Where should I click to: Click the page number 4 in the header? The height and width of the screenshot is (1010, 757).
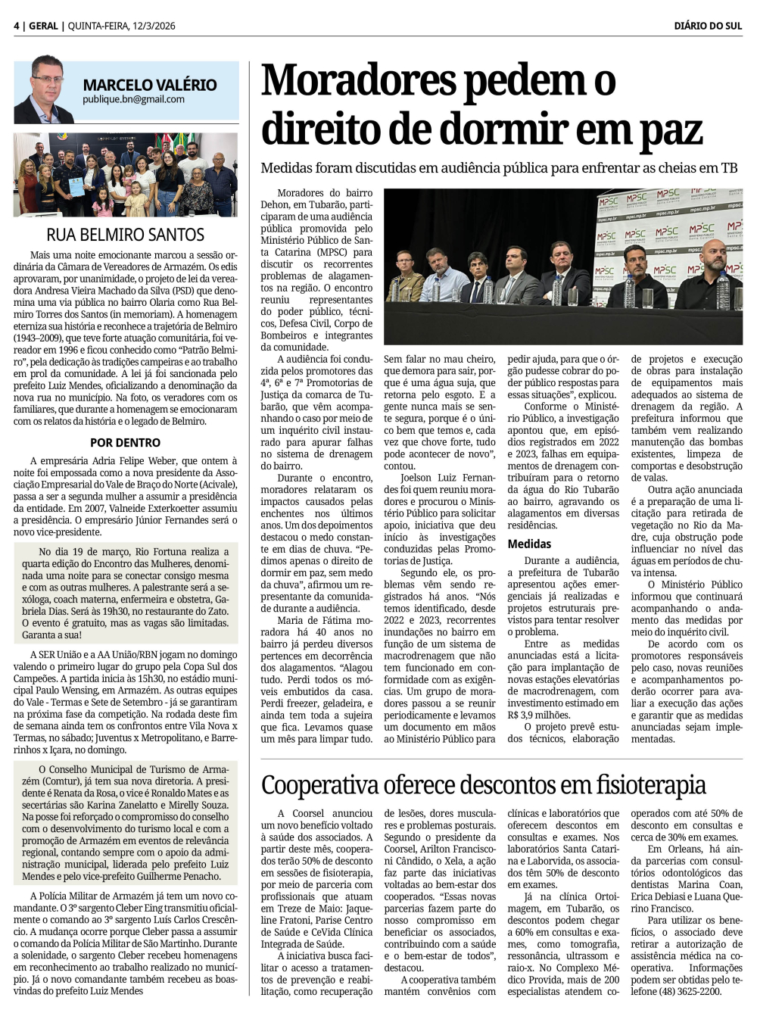pyautogui.click(x=17, y=26)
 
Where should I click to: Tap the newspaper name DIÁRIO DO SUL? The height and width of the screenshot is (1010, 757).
pyautogui.click(x=708, y=26)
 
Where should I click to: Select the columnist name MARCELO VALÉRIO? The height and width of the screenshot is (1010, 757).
pyautogui.click(x=150, y=85)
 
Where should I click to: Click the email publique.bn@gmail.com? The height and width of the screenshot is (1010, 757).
pyautogui.click(x=133, y=99)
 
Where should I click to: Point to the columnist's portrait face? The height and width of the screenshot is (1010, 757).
pyautogui.click(x=48, y=83)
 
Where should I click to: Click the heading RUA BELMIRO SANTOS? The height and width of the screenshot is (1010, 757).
pyautogui.click(x=126, y=235)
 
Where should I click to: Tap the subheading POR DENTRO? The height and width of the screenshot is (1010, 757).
pyautogui.click(x=126, y=442)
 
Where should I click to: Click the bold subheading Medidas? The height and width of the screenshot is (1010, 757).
pyautogui.click(x=529, y=544)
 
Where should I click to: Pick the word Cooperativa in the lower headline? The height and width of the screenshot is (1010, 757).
pyautogui.click(x=335, y=784)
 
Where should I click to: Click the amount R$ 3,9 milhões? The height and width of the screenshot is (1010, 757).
pyautogui.click(x=538, y=715)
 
